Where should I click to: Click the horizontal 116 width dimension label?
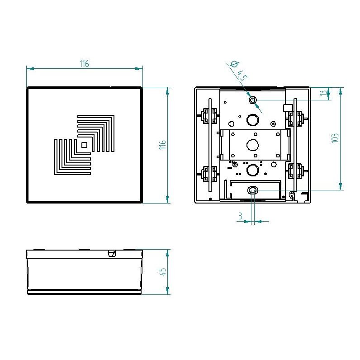[x=84, y=64]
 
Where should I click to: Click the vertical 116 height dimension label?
[x=162, y=145]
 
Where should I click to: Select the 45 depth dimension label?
[x=162, y=271]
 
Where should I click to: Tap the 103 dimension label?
[x=335, y=138]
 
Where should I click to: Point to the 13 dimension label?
[x=323, y=93]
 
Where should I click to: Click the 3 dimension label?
[x=240, y=216]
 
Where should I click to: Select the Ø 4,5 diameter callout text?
[x=238, y=71]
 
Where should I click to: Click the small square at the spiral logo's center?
[x=84, y=145]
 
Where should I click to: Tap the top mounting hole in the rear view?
[x=253, y=100]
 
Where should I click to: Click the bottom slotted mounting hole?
[x=252, y=190]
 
